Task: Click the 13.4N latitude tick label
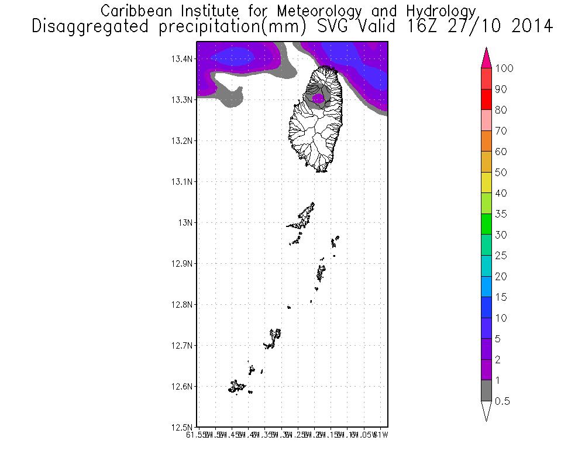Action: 182,58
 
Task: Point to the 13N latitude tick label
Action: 185,222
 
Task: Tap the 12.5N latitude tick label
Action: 182,427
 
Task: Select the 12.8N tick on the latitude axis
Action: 182,304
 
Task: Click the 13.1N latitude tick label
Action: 182,181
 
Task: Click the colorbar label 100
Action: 504,68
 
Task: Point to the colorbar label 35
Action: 501,214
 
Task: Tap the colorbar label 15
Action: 501,297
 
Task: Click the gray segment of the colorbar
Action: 486,391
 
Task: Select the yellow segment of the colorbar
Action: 486,183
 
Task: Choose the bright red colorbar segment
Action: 486,99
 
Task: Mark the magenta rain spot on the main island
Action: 318,99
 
